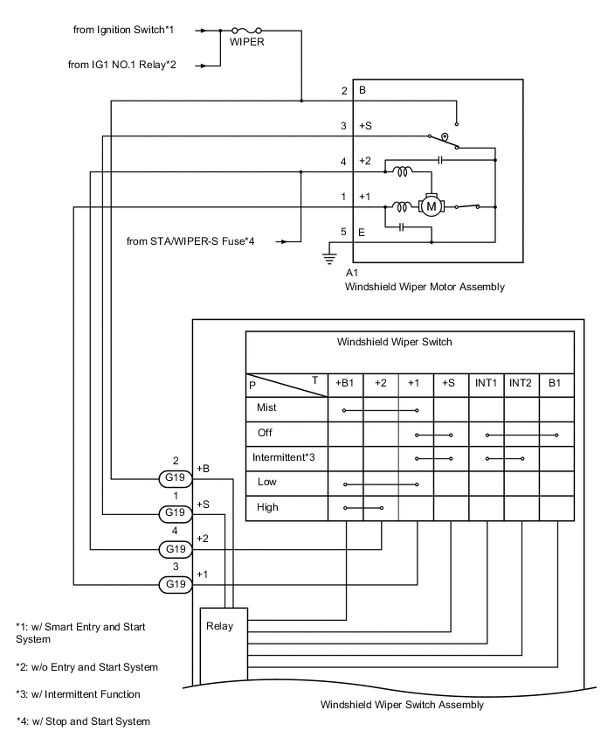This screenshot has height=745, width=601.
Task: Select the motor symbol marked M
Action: coord(431,206)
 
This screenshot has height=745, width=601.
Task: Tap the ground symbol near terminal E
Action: coord(330,257)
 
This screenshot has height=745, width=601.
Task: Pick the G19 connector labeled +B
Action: coord(176,478)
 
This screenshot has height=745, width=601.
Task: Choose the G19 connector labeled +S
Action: coord(176,513)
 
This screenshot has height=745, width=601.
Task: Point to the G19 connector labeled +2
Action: coord(176,549)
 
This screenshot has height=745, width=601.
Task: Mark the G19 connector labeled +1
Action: coord(176,583)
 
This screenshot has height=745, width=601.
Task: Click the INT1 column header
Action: coord(486,382)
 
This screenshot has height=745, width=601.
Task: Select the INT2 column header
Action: coord(521,382)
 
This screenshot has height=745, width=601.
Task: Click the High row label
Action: coord(267,506)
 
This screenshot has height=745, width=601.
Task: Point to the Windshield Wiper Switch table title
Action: coord(394,342)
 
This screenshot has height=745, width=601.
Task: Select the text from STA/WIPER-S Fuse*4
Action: coord(202,240)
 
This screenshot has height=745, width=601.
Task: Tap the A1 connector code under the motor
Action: coord(353,273)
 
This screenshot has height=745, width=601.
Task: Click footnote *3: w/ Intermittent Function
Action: coord(78,694)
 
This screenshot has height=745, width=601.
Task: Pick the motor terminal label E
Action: coord(362,232)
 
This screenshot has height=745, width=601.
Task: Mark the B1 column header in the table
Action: coord(556,382)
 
